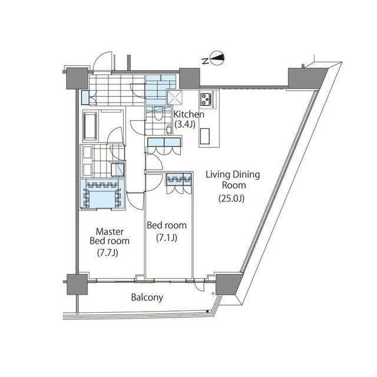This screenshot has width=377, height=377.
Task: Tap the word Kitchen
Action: point(189,114)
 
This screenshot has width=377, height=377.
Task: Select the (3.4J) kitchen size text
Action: point(186,124)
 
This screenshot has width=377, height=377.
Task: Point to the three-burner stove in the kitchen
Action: point(207,99)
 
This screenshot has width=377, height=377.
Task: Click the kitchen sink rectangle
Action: point(207,136)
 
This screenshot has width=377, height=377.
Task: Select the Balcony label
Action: point(147,297)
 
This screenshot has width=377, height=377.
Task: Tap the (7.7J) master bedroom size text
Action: point(110,253)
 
